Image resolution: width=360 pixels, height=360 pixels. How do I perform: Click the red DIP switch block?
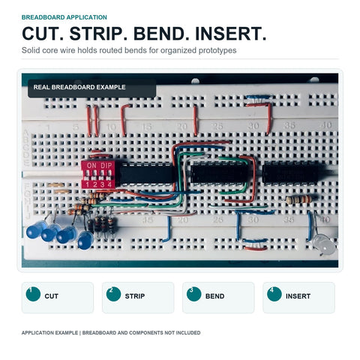click(x=98, y=175)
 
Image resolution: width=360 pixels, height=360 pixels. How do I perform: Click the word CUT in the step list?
click(x=51, y=296)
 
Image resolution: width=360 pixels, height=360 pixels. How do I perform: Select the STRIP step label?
click(x=135, y=296)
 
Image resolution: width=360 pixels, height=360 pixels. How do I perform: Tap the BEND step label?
click(x=214, y=296)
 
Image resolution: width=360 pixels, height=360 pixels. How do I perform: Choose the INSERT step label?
click(x=298, y=296)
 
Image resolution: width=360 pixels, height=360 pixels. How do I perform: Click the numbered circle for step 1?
click(x=33, y=294)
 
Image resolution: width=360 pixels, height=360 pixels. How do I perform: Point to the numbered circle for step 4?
click(x=274, y=294)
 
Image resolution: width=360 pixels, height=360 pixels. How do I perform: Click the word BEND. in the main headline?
click(x=161, y=34)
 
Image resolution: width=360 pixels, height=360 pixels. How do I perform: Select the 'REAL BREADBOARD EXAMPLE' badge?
click(x=92, y=88)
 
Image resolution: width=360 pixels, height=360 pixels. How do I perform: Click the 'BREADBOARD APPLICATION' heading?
click(x=64, y=17)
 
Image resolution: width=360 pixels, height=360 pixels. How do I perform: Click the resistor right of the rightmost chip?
click(x=298, y=199)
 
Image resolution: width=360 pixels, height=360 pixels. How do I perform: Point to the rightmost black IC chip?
click(x=291, y=174)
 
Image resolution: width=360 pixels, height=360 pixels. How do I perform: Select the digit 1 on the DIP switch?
click(x=87, y=185)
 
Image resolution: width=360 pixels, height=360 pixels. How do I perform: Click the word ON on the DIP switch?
click(x=91, y=166)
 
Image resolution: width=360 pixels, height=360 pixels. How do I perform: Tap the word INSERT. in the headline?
click(x=231, y=34)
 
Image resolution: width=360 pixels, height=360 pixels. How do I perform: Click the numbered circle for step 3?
click(x=193, y=294)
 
